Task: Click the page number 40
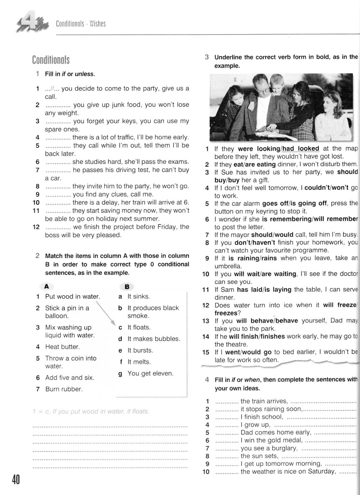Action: pos(16,480)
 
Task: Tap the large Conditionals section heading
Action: pos(51,60)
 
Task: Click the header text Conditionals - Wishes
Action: pos(81,24)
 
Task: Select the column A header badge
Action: pos(46,286)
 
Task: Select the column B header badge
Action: pos(127,286)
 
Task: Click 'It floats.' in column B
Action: pos(139,327)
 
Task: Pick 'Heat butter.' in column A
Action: pos(62,347)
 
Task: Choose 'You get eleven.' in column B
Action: pos(150,373)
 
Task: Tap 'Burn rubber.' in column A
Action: pos(64,389)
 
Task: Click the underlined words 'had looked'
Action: pos(301,149)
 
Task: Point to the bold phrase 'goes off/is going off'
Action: pos(294,203)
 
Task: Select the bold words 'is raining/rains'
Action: pos(252,258)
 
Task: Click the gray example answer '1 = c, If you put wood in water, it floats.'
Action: pos(91,411)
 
